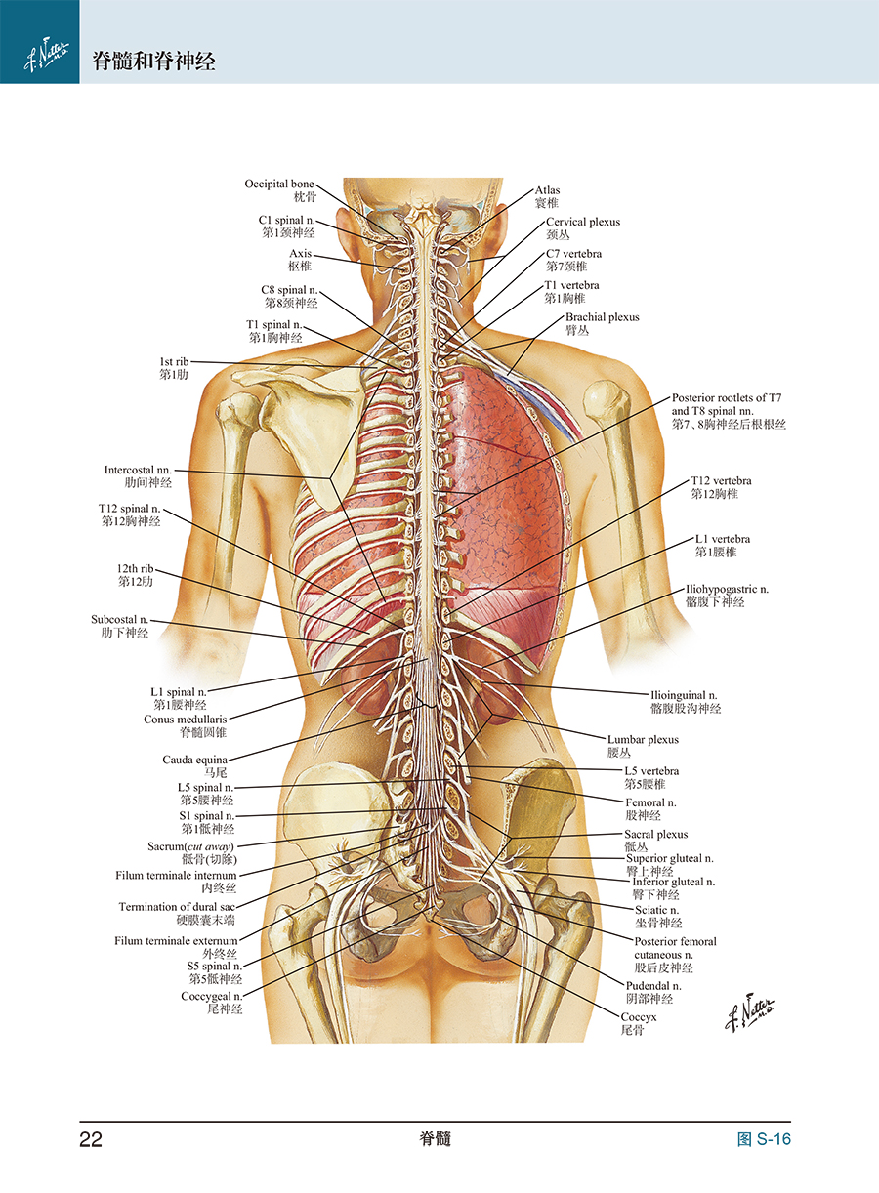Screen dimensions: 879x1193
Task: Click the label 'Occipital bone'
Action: coord(279,184)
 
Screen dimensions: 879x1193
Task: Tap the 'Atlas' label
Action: coord(547,190)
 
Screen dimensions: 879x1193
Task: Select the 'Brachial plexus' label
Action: coord(602,317)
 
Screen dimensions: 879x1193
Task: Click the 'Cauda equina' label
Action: coord(194,760)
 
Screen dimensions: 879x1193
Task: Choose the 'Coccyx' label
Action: coord(639,1017)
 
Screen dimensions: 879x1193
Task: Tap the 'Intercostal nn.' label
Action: coord(138,470)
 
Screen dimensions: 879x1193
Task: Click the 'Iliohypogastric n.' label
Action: coord(727,589)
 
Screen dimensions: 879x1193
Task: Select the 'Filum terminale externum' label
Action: coord(175,941)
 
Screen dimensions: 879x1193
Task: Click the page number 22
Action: coord(91,1139)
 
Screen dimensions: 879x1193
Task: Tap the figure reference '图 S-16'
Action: coord(764,1139)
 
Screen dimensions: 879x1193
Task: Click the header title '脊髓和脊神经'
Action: coord(153,62)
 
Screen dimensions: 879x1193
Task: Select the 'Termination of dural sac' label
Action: coord(177,907)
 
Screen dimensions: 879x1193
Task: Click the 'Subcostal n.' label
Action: coord(119,619)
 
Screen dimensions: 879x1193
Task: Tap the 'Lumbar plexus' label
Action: coord(643,739)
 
